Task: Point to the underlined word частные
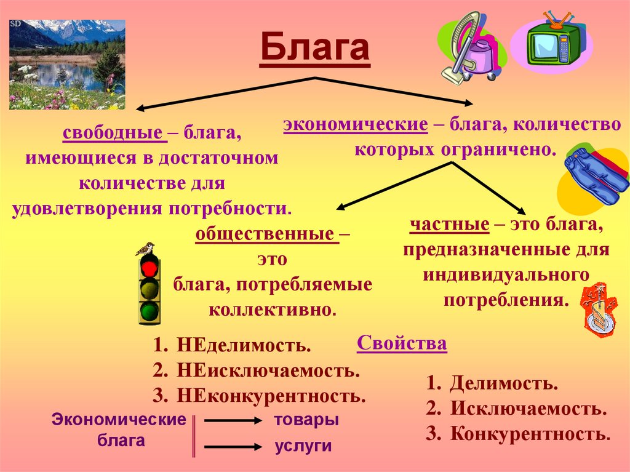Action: [449, 225]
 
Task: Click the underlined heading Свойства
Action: [402, 343]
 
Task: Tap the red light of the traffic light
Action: [149, 268]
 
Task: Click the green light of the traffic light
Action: [149, 310]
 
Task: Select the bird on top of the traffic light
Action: [145, 249]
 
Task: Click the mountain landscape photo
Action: [67, 64]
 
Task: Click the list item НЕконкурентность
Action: [271, 395]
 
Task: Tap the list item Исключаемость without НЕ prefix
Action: [528, 409]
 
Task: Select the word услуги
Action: [303, 446]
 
